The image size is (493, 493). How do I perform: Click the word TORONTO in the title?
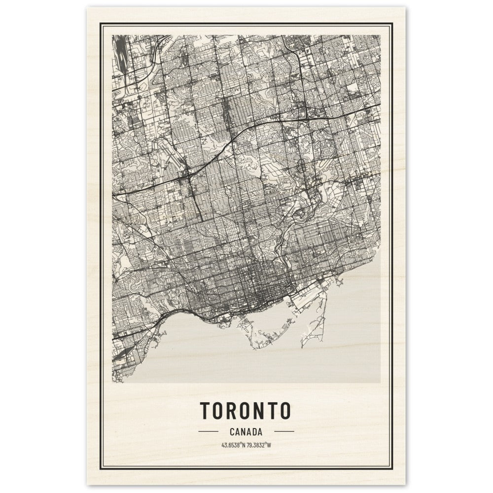(x=246, y=410)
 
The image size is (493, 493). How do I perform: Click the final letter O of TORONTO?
(x=284, y=410)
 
